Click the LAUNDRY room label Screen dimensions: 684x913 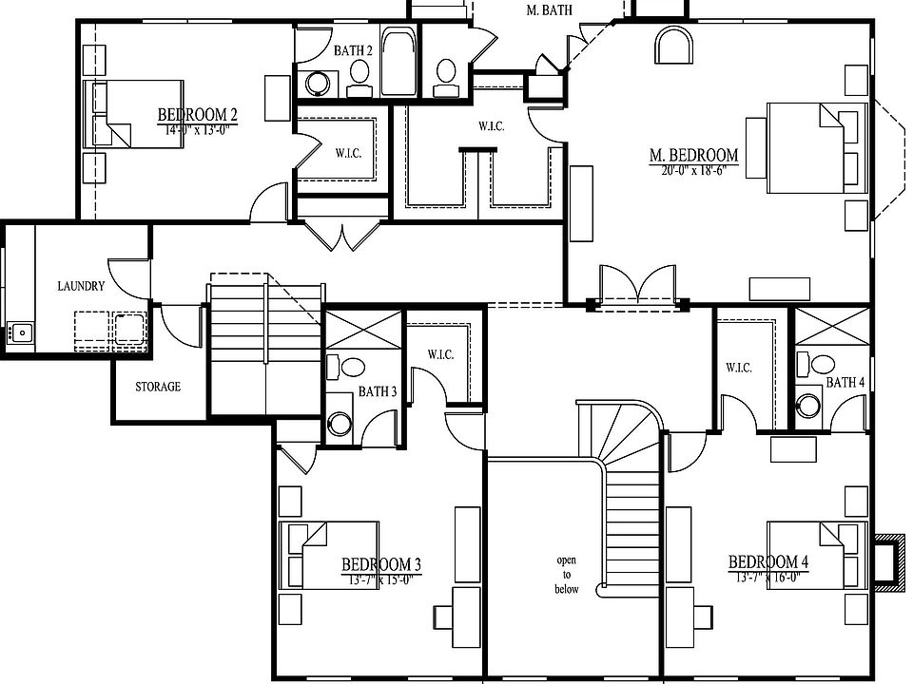point(81,286)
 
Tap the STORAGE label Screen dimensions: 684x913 point(158,387)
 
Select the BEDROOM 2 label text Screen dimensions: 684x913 point(198,116)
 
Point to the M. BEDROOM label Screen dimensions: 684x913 point(694,156)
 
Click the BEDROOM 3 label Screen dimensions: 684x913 point(380,564)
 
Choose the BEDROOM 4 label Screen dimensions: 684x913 point(768,561)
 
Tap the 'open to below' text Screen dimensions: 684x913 point(567,575)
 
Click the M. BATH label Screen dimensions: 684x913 point(549,10)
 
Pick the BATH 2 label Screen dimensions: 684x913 point(353,50)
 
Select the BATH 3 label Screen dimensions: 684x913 point(378,391)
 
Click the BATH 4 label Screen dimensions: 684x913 point(845,382)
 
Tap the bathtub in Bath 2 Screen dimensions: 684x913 point(398,62)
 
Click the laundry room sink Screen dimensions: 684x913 point(21,332)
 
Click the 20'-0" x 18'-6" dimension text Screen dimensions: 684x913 point(694,172)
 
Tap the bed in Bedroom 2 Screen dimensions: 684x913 point(124,114)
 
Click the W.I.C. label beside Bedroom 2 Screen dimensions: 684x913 point(348,152)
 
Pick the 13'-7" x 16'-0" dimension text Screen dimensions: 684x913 point(768,577)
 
